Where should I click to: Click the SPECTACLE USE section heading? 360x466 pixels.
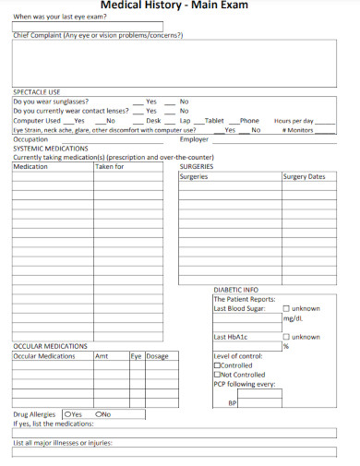[36, 92]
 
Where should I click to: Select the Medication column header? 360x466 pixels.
[30, 167]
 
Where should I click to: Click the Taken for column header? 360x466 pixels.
[110, 167]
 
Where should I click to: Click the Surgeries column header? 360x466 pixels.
[194, 176]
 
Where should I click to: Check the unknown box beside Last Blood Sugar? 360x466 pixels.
[286, 308]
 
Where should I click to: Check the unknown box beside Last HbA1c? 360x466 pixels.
[286, 337]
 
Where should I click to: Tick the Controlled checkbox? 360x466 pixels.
[217, 365]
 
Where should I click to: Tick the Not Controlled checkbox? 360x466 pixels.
[217, 375]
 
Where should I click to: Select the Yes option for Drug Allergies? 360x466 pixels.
[66, 414]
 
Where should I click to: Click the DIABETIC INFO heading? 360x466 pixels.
[236, 289]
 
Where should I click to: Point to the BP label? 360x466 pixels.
[233, 403]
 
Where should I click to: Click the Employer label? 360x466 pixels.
[194, 139]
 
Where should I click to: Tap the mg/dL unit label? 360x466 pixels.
[293, 318]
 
